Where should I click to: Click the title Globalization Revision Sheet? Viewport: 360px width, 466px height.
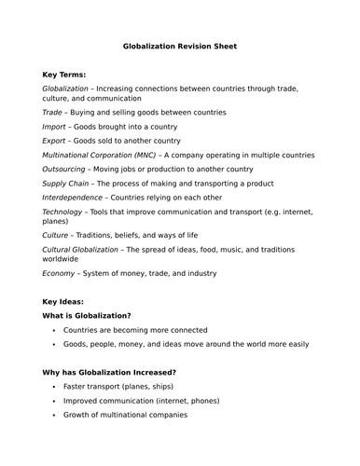(x=180, y=45)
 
